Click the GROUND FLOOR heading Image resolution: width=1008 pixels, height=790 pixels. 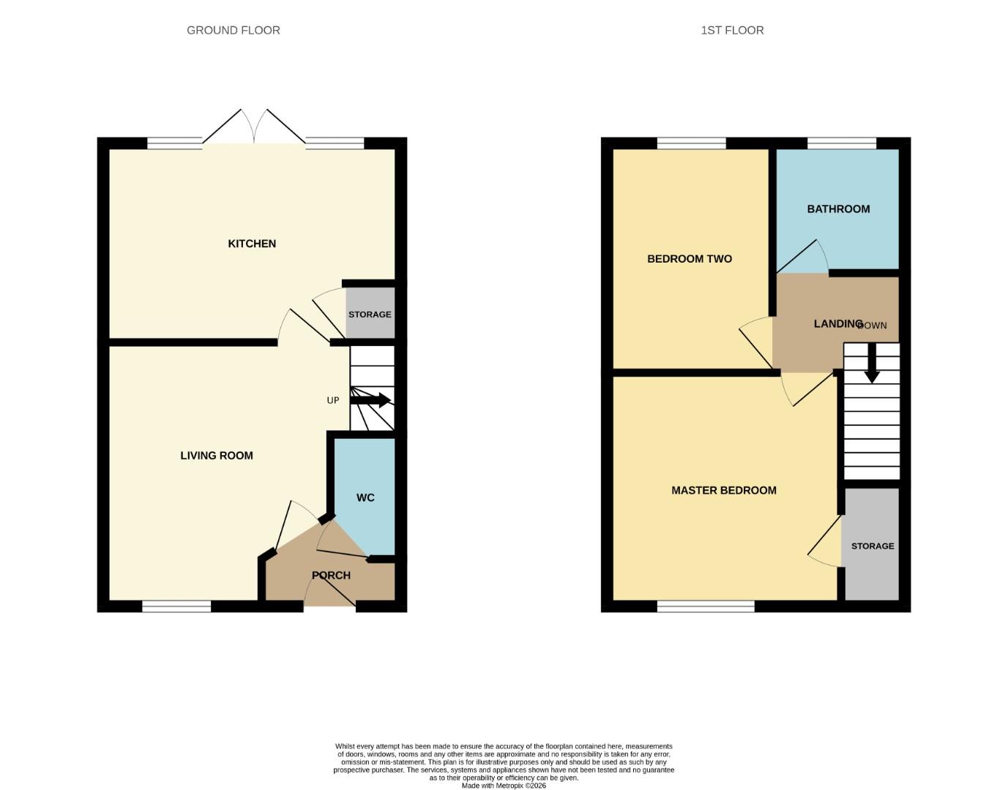coord(233,30)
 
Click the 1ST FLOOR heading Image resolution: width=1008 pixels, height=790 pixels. coord(732,30)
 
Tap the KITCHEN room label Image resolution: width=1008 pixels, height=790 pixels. coord(252,244)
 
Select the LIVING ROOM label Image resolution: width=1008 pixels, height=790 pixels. coord(217,456)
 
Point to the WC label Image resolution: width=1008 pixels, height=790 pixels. coord(365,498)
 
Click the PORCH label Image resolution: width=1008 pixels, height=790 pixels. coord(331,576)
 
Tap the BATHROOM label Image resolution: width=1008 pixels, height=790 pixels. coord(838,209)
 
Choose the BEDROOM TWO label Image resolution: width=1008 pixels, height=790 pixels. coord(690,259)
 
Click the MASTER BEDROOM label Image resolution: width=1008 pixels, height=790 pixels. coord(723,491)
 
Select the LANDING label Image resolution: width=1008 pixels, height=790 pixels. coord(837,323)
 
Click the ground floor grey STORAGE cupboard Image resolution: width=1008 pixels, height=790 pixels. coord(370,314)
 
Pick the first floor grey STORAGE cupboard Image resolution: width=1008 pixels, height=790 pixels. coord(872,546)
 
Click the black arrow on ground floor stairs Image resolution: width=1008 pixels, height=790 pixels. coord(371,400)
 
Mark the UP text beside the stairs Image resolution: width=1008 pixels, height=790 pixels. coord(333,400)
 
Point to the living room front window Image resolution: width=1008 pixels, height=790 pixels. coord(176,606)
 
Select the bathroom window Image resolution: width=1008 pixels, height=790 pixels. coord(841,143)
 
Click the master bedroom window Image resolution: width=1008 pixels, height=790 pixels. coord(706,606)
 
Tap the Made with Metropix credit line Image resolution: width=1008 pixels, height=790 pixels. coord(504,786)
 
